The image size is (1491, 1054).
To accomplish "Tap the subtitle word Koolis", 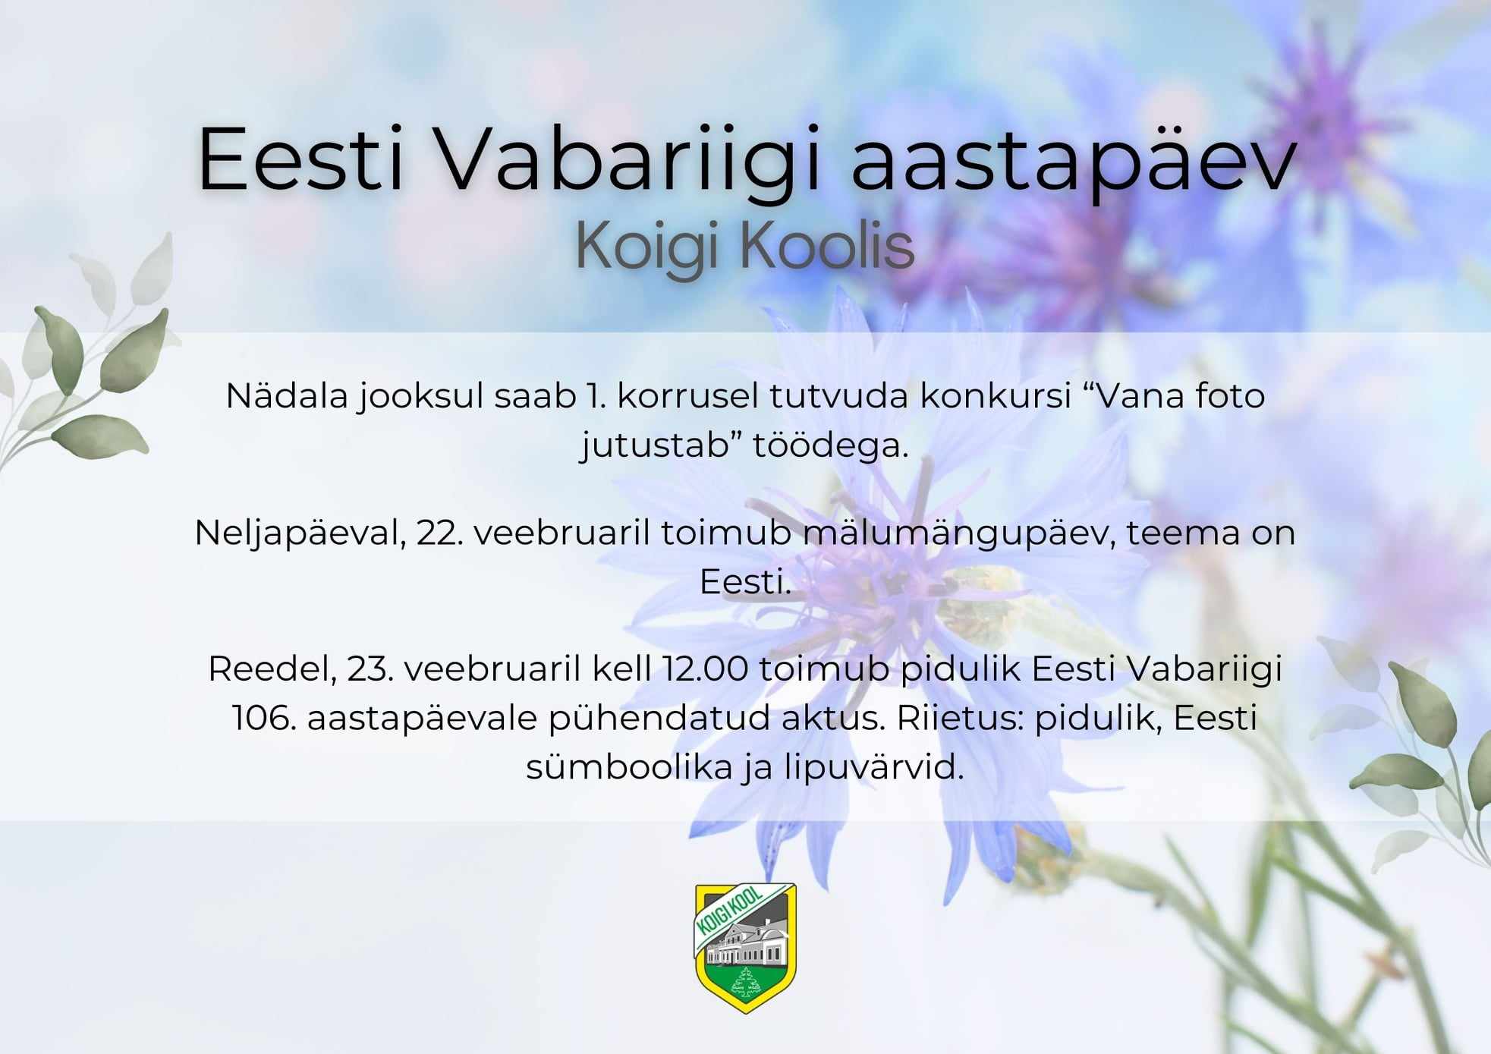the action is click(826, 245).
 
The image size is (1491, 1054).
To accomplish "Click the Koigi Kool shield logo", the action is click(746, 948).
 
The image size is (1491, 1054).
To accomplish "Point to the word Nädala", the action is click(287, 396).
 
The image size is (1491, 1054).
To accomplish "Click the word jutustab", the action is click(661, 445).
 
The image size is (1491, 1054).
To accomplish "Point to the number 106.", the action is click(264, 718).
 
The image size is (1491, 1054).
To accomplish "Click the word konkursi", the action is click(996, 396).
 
